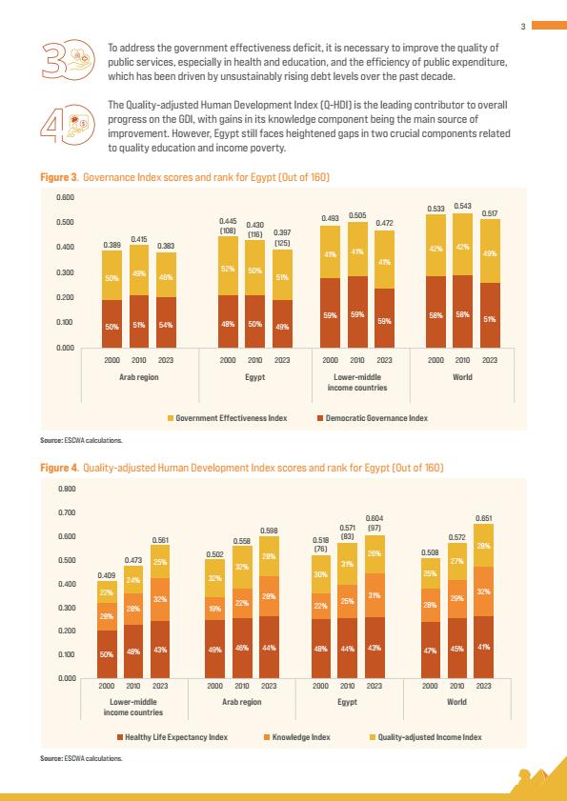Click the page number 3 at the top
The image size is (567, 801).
coord(523,27)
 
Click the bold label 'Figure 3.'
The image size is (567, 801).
coord(59,178)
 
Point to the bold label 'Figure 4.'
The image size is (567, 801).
coord(59,468)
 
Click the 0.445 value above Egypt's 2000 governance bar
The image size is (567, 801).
coord(228,221)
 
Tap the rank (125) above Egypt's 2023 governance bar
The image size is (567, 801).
coord(282,243)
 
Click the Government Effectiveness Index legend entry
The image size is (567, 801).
coord(228,418)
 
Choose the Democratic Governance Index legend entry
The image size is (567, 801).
coord(373,418)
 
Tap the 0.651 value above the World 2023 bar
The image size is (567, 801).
coord(484,518)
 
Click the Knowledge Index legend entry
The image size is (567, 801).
coord(297,737)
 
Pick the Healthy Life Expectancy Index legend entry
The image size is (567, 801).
coord(172,737)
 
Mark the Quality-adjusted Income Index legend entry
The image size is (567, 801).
coord(425,737)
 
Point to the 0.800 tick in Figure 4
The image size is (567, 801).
coord(69,489)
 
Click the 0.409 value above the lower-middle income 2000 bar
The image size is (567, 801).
coord(106,575)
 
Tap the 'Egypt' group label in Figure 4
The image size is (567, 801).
coord(347,702)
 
